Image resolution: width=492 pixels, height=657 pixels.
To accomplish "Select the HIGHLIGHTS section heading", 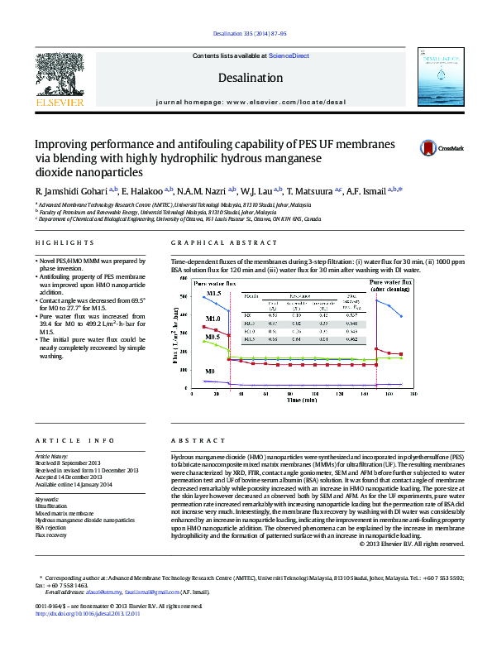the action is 64,242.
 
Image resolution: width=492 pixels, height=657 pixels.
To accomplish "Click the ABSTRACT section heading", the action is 189,442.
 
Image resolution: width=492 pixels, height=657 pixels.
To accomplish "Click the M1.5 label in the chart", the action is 213,294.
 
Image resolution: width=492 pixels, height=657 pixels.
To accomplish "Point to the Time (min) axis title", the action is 302,400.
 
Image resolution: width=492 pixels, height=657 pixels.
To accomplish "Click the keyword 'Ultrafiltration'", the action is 51,505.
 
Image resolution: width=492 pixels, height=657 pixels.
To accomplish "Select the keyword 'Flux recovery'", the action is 51,535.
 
